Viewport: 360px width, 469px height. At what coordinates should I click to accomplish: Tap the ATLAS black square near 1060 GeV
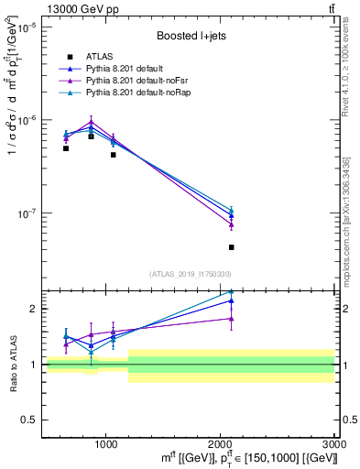click(x=113, y=155)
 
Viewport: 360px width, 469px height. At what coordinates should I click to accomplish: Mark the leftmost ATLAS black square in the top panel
click(x=66, y=148)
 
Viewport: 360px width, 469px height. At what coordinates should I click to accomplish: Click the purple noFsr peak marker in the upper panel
click(x=91, y=121)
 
